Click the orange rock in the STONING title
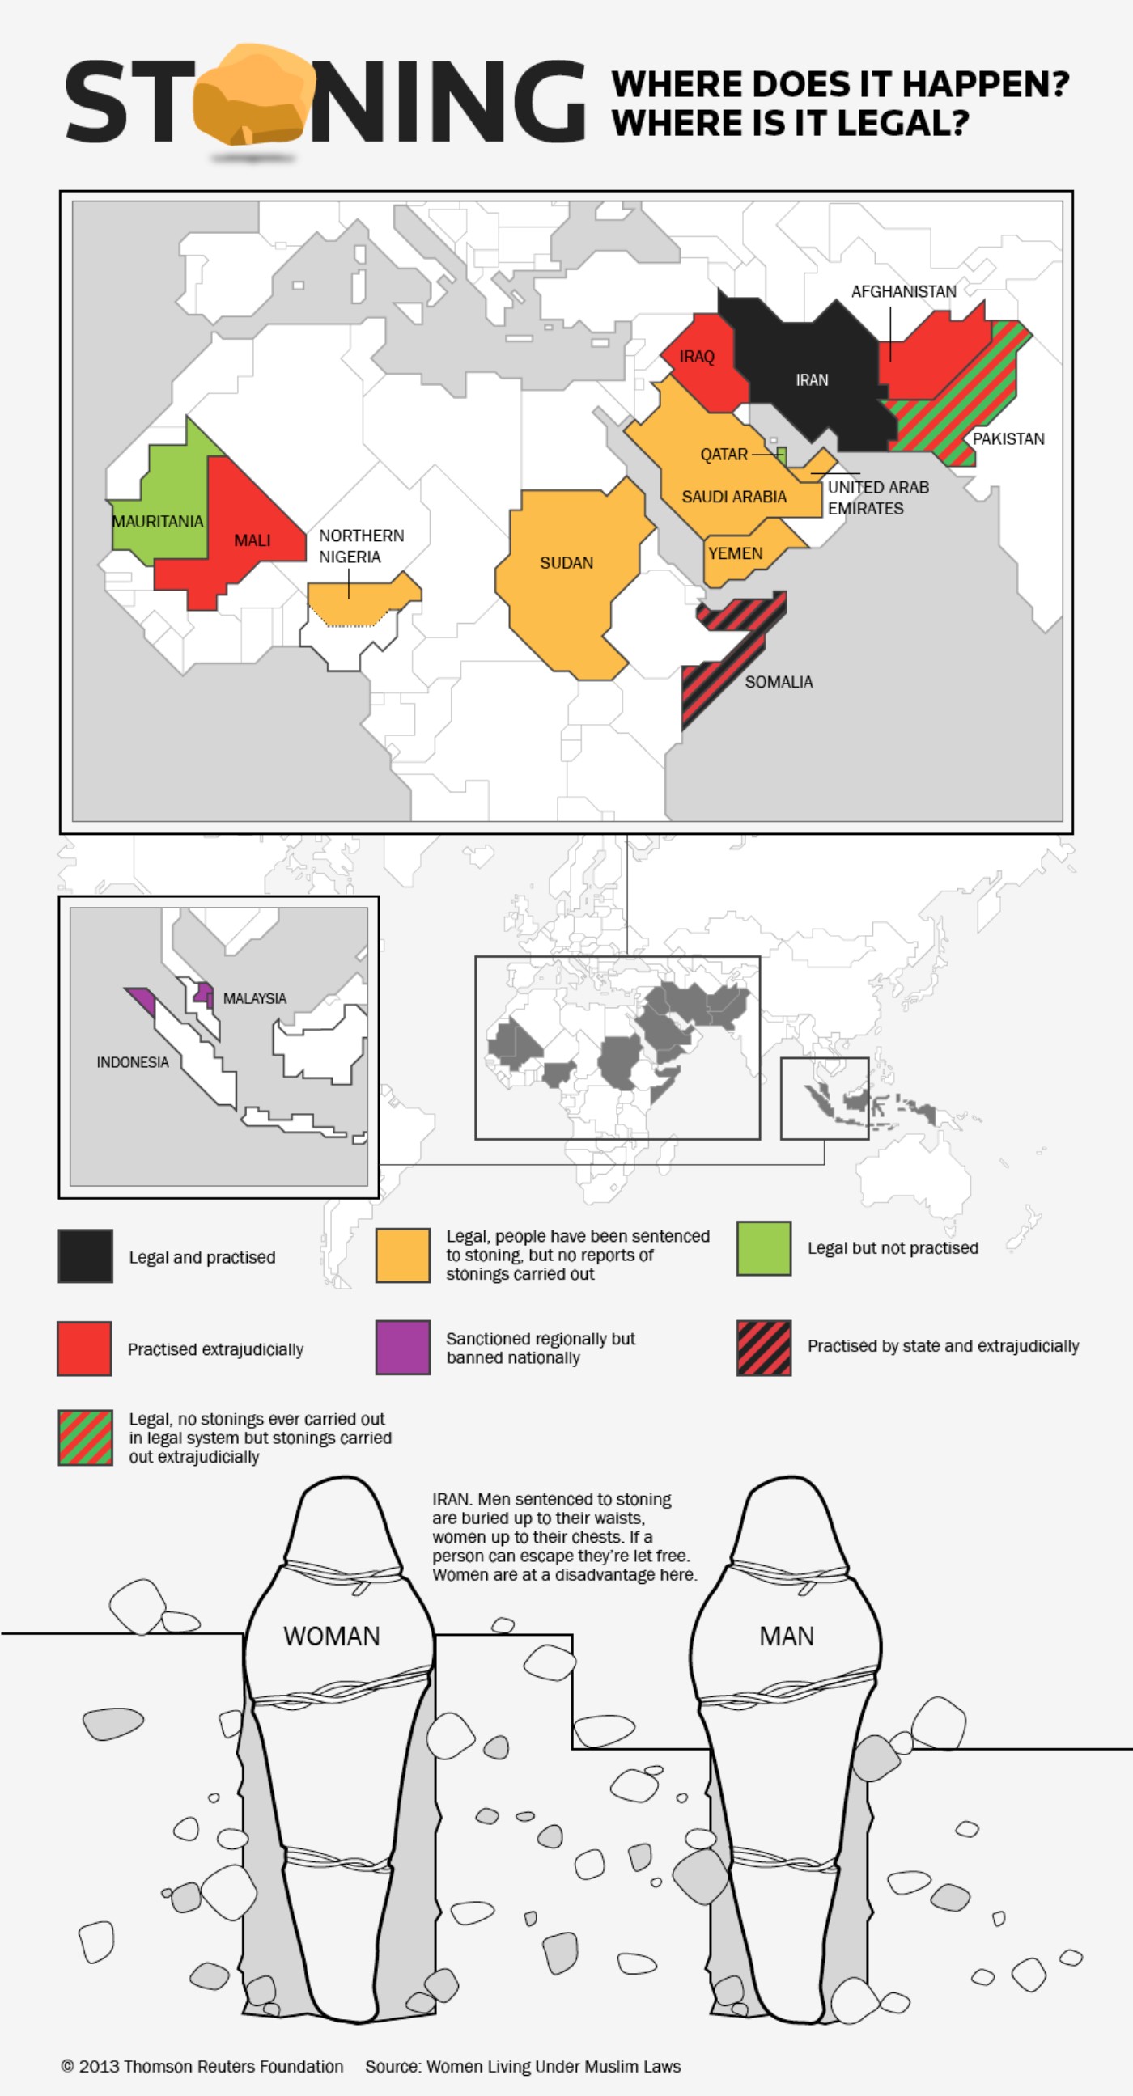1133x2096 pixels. click(x=253, y=97)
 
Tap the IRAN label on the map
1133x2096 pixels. click(x=812, y=380)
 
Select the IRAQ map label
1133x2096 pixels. click(x=697, y=357)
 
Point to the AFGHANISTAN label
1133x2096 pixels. click(x=903, y=291)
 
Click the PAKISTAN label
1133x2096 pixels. click(x=1008, y=438)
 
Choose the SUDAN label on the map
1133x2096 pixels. click(x=566, y=562)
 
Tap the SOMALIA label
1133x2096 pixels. click(x=778, y=682)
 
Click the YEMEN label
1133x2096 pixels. click(x=735, y=553)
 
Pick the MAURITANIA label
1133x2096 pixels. click(x=157, y=522)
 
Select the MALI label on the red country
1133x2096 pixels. click(x=252, y=540)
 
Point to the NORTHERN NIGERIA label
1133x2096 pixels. click(x=361, y=546)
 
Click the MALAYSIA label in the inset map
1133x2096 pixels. click(x=255, y=998)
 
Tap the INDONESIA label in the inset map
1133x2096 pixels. click(x=133, y=1062)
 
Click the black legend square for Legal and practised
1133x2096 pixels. click(x=86, y=1256)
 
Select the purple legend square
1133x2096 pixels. click(x=403, y=1348)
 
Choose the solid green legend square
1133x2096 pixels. click(x=763, y=1248)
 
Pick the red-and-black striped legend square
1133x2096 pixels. click(x=763, y=1348)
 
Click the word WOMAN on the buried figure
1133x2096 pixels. click(x=331, y=1636)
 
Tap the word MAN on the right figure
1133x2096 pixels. click(x=787, y=1636)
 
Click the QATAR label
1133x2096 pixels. click(x=724, y=454)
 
